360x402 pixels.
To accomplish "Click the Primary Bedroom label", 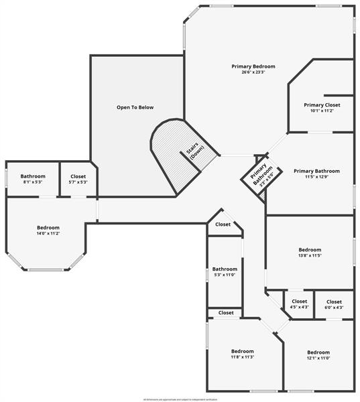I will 253,66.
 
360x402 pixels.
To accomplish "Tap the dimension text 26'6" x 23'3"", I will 253,72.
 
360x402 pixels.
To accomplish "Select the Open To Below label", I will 135,107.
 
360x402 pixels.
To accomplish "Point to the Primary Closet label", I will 322,105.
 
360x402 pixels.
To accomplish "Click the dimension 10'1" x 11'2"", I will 322,111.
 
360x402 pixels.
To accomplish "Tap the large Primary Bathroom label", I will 316,171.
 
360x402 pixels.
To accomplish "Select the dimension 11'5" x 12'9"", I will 316,177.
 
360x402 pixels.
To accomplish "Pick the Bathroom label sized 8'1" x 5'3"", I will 33,176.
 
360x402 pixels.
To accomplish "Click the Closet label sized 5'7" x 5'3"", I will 78,176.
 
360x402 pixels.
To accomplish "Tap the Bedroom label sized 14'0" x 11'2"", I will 48,228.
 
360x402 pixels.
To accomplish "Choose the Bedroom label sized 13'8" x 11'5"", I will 310,250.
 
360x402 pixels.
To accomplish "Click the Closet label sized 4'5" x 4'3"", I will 299,301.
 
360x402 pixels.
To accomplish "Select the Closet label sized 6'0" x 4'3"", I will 334,301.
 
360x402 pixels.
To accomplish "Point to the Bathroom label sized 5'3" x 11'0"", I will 225,269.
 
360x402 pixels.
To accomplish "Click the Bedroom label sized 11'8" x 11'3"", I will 243,351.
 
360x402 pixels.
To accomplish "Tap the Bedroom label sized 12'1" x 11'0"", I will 318,352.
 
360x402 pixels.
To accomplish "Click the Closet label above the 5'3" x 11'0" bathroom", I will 223,224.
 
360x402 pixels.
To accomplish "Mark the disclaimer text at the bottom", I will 180,399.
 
